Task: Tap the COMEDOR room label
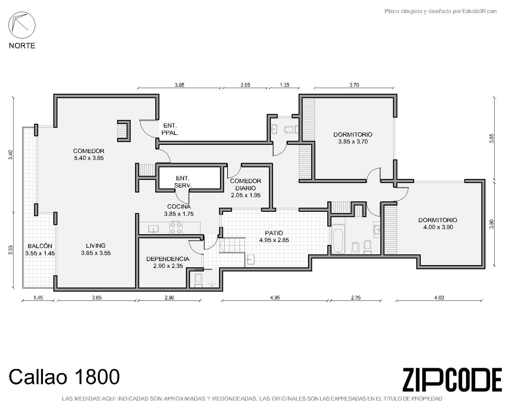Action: [x=89, y=151]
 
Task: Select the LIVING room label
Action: [x=96, y=246]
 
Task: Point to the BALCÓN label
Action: [x=40, y=246]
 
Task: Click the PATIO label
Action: [x=274, y=233]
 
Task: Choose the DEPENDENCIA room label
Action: [x=168, y=259]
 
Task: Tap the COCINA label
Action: [x=179, y=207]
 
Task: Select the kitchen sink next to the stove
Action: [x=153, y=229]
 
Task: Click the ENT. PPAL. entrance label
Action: [x=170, y=129]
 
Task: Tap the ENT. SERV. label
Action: [x=183, y=182]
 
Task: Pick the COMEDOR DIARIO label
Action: [x=246, y=185]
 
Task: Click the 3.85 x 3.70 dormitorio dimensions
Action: [x=353, y=141]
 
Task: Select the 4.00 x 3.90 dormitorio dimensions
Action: [x=438, y=227]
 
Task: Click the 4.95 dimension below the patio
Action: [x=275, y=298]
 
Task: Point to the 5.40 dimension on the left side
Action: [x=10, y=155]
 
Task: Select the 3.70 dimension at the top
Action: [x=354, y=85]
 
